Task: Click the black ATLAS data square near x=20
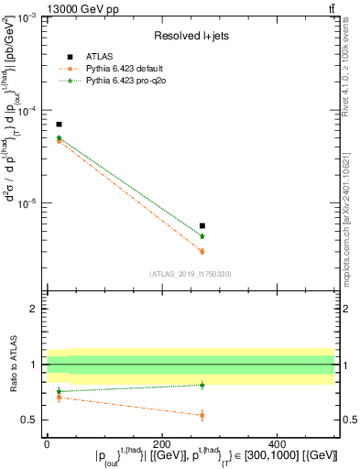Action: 59,124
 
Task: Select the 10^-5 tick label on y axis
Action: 28,203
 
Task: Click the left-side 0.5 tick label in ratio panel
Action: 31,420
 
